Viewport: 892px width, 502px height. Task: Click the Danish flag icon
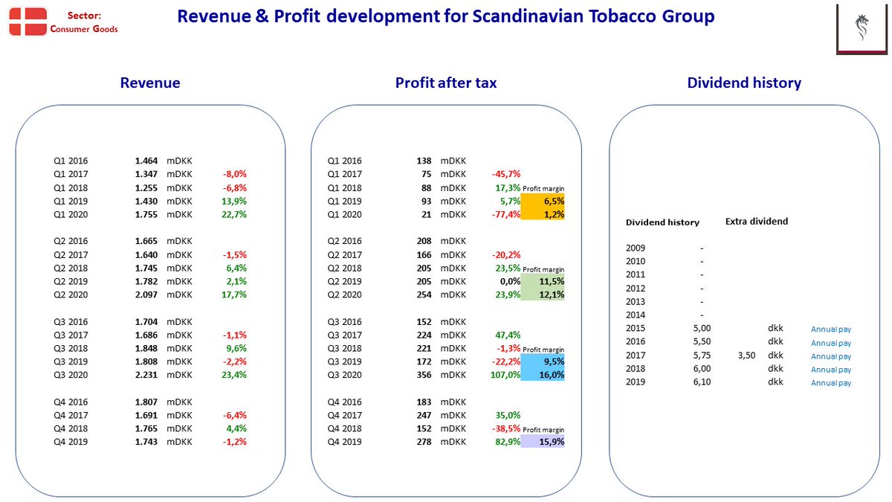coord(28,22)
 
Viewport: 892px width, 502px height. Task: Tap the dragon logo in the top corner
coord(862,27)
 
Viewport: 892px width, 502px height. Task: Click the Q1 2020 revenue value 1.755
coord(146,214)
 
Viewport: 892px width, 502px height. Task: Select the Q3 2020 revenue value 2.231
coord(146,375)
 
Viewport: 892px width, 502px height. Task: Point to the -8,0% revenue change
coord(235,174)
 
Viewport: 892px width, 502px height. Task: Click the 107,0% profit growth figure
coord(505,375)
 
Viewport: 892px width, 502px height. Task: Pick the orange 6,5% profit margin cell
coord(543,201)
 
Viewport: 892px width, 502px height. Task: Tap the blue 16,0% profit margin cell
coord(543,375)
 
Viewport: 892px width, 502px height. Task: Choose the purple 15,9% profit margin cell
coord(543,442)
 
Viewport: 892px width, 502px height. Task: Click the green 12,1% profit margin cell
coord(543,295)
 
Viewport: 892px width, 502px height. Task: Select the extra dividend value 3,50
coord(746,355)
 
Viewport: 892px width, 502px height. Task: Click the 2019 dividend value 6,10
coord(702,382)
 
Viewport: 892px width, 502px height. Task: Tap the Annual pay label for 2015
coord(831,329)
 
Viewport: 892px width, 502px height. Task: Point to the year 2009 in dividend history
coord(635,248)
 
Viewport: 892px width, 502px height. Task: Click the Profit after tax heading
coord(446,83)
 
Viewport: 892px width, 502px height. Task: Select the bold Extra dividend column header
coord(757,222)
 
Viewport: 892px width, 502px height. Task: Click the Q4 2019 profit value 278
coord(424,442)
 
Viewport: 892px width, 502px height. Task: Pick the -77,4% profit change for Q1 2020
coord(505,214)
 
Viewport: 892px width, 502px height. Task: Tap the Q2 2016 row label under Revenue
coord(71,241)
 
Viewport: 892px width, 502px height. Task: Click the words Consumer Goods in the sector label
coord(84,29)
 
